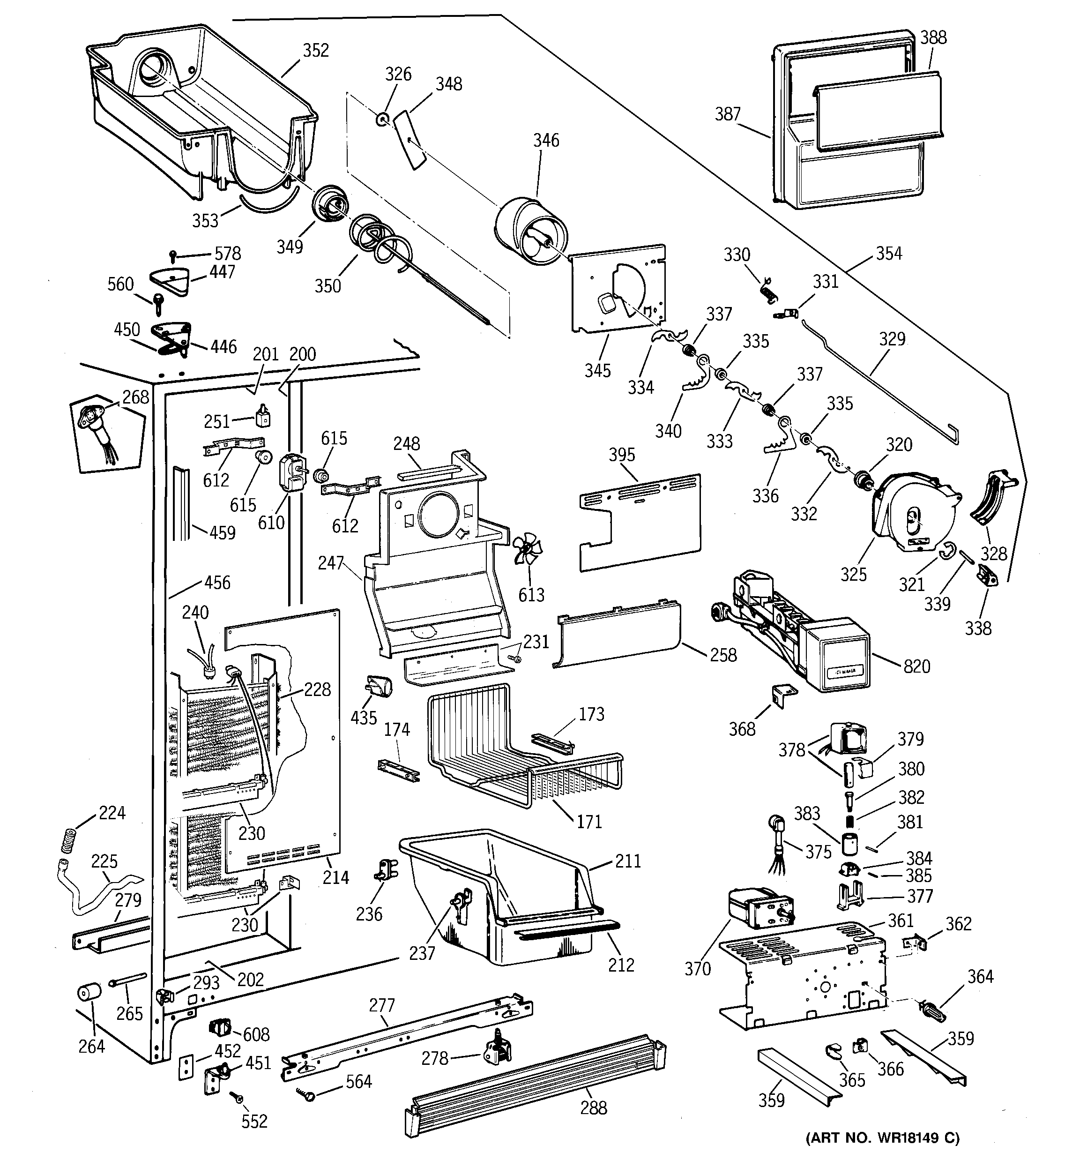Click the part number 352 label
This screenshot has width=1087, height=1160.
pos(316,50)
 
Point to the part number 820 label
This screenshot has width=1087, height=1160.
pos(916,666)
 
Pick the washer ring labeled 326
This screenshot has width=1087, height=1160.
pos(382,120)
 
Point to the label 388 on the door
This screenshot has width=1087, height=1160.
pos(933,37)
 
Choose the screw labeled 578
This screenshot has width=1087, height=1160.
pos(173,255)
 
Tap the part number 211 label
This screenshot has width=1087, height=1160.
pos(628,861)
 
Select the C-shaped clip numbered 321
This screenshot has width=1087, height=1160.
pos(947,550)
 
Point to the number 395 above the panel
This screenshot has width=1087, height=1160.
pos(621,455)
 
